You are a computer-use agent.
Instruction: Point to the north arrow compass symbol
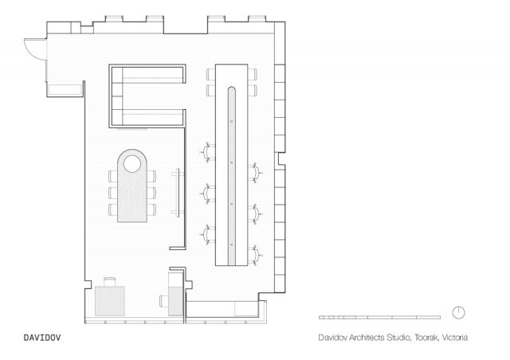coord(459,311)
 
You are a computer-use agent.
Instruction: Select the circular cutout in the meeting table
coord(132,164)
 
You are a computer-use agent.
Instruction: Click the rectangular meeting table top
coord(132,195)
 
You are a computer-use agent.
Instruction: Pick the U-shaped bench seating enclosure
coord(147,96)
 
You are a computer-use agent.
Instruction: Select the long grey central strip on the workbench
coord(232,167)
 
